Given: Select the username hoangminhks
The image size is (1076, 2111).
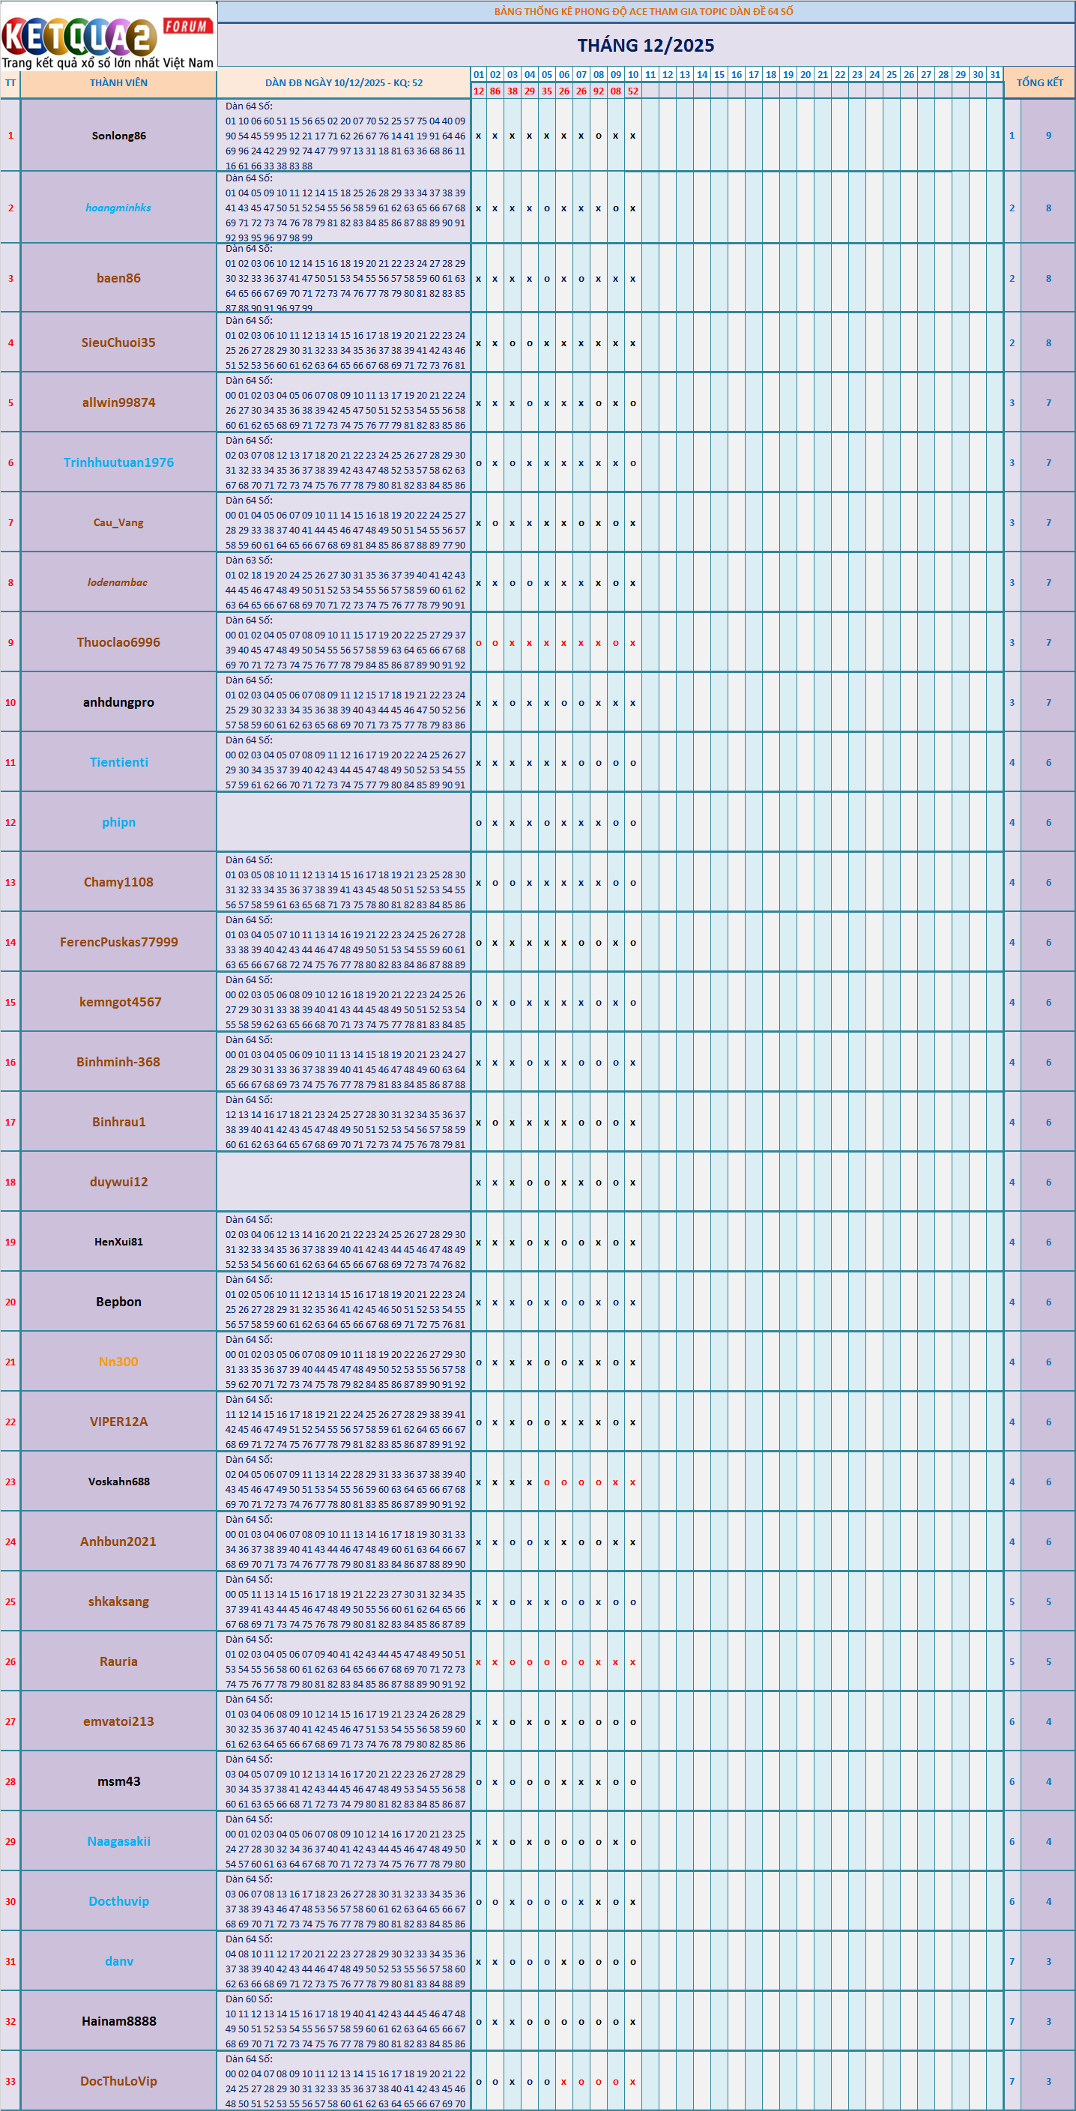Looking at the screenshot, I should click(x=119, y=208).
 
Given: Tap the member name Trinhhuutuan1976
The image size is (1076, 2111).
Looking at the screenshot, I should click(x=119, y=463).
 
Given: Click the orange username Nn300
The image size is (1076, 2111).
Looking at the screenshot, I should click(x=119, y=1362).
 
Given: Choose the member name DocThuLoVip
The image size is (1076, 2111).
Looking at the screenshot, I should click(x=119, y=2082).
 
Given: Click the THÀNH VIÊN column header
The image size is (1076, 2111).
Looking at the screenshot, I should click(x=119, y=82).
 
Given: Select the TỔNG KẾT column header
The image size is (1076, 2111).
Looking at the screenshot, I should click(x=1039, y=82).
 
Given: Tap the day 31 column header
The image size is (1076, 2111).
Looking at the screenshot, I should click(x=995, y=75).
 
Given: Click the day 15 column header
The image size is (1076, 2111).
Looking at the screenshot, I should click(x=719, y=75).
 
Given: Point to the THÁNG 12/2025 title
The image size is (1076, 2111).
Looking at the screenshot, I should click(x=646, y=46).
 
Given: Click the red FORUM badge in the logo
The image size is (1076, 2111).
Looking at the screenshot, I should click(x=187, y=26).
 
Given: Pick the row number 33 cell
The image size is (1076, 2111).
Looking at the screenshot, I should click(x=10, y=2082).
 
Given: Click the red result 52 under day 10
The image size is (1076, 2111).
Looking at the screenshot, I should click(x=632, y=91).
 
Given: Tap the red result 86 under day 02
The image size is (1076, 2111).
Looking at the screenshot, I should click(x=495, y=91).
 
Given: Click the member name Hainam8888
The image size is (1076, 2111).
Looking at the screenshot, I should click(x=119, y=2022).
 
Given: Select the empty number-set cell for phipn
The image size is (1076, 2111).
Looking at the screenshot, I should click(x=343, y=823).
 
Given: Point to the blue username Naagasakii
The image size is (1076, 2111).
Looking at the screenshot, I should click(x=119, y=1841).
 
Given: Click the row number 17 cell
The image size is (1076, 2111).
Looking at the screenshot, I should click(x=10, y=1123).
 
